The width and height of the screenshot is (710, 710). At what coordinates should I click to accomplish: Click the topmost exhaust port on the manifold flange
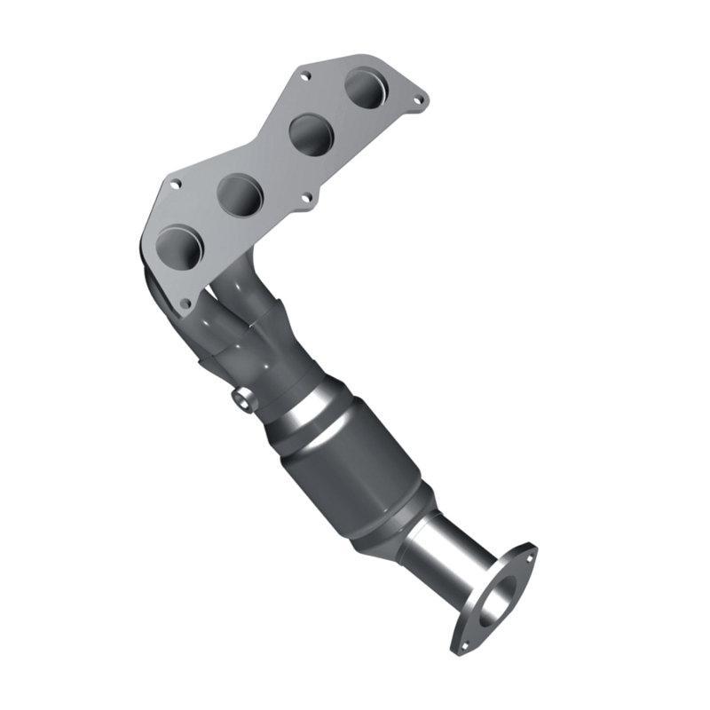click(x=365, y=88)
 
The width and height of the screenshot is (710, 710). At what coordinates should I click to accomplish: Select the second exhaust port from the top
click(x=312, y=134)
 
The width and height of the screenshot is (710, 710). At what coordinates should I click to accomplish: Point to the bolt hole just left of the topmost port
click(x=304, y=76)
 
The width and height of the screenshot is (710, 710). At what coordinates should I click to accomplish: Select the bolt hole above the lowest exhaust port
click(x=176, y=185)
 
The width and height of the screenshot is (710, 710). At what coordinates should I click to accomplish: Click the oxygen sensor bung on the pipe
click(x=242, y=400)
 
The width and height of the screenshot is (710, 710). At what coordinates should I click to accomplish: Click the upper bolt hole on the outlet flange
click(x=531, y=556)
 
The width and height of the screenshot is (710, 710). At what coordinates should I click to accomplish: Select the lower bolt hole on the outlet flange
click(x=461, y=639)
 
